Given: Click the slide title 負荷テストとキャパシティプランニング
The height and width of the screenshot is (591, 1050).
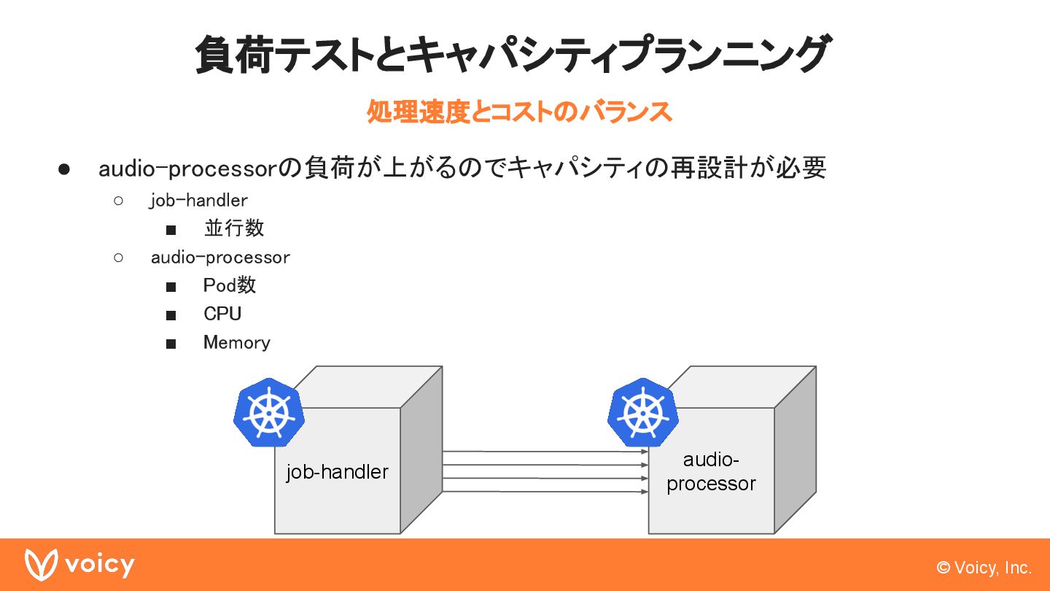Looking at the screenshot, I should click(x=512, y=55).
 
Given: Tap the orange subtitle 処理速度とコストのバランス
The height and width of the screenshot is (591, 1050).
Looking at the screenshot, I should click(x=518, y=112).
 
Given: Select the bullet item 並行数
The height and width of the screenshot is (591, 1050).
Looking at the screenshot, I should click(x=234, y=228).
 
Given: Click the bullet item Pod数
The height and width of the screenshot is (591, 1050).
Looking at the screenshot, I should click(x=230, y=285).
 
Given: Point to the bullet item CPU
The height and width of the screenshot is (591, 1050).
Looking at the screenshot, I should click(x=222, y=314).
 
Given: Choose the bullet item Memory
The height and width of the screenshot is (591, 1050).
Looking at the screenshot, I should click(x=236, y=342).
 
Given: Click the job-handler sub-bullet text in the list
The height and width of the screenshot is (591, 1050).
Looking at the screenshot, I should click(x=198, y=200).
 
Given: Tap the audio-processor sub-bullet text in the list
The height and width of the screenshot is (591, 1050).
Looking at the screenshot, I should click(x=220, y=258).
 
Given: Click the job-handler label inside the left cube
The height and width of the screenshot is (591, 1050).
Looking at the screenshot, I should click(x=337, y=472).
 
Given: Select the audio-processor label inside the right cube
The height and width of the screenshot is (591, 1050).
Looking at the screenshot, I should click(x=711, y=471).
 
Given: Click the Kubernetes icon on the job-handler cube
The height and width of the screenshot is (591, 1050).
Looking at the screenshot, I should click(x=268, y=412).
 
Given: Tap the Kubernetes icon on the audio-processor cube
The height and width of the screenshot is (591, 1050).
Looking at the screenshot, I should click(x=642, y=412).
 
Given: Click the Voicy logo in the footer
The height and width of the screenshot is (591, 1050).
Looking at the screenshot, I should click(x=79, y=565).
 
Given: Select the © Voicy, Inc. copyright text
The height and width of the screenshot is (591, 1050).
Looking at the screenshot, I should click(x=984, y=568).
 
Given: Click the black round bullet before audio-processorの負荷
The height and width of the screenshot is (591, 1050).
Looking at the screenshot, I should click(x=63, y=169).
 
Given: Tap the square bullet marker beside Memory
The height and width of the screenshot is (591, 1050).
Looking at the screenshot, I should click(x=171, y=344).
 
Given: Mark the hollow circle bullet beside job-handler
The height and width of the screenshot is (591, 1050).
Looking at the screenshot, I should click(x=119, y=200).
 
